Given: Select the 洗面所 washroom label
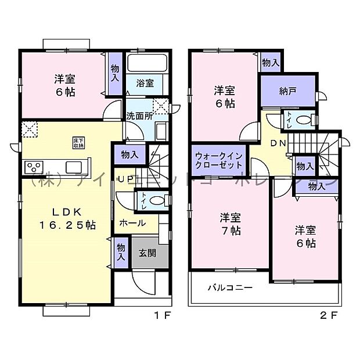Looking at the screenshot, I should [139, 116].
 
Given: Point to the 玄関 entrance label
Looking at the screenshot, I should [147, 254].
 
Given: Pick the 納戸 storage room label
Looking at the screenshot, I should [287, 91].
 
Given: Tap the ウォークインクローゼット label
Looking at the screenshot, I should [218, 160].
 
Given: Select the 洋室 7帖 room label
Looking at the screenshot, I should [231, 224].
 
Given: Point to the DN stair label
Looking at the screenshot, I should [277, 143].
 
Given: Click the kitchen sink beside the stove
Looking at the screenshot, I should [74, 167].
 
